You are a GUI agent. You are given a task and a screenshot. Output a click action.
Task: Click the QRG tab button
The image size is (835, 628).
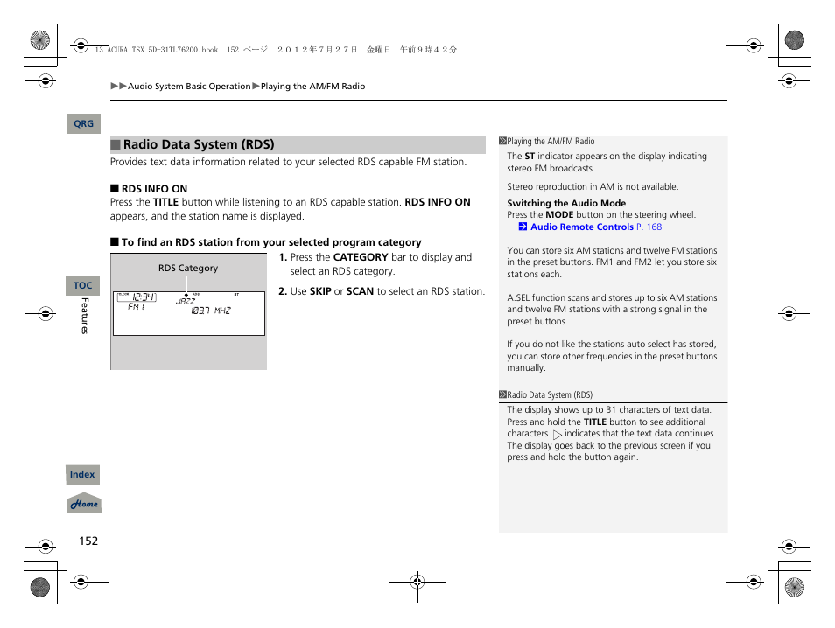pos(83,124)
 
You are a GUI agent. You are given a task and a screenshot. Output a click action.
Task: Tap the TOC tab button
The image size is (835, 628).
pos(82,286)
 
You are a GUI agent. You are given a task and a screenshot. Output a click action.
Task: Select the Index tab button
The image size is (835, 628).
pos(82,475)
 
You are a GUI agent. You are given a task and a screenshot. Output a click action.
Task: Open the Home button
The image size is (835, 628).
pos(84,504)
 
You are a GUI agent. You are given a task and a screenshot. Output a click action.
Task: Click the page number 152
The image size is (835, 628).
pos(88,541)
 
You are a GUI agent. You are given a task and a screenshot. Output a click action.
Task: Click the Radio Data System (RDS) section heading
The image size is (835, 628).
pos(198,145)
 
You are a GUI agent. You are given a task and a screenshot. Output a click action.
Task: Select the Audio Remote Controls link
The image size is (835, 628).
pos(581,227)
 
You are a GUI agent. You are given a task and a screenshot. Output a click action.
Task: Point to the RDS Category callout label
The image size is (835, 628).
pos(187,269)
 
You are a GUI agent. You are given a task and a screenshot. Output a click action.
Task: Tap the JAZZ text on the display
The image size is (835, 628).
pos(186,301)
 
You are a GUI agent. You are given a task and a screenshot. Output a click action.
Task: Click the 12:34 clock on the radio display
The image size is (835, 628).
pos(144,297)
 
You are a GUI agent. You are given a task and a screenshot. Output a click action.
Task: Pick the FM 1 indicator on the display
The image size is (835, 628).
pos(137,307)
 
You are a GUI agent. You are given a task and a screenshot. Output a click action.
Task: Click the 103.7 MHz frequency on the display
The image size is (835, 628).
pos(211,311)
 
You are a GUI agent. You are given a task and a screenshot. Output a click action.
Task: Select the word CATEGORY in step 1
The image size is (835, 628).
pos(361,257)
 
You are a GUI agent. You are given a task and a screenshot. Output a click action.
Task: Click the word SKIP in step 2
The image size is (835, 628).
pos(320,291)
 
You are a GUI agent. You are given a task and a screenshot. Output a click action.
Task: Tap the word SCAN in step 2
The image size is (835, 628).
pos(360,291)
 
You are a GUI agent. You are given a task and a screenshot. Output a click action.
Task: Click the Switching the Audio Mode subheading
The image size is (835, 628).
pos(566,203)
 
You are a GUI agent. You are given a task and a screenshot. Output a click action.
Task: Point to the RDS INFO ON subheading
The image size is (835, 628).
pos(154,189)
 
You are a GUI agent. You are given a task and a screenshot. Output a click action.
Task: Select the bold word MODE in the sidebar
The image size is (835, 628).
pos(559,214)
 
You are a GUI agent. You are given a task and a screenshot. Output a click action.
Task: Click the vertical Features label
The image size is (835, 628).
pos(85,316)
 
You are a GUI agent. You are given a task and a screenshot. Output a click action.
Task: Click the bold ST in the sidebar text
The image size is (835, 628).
pos(530,157)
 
